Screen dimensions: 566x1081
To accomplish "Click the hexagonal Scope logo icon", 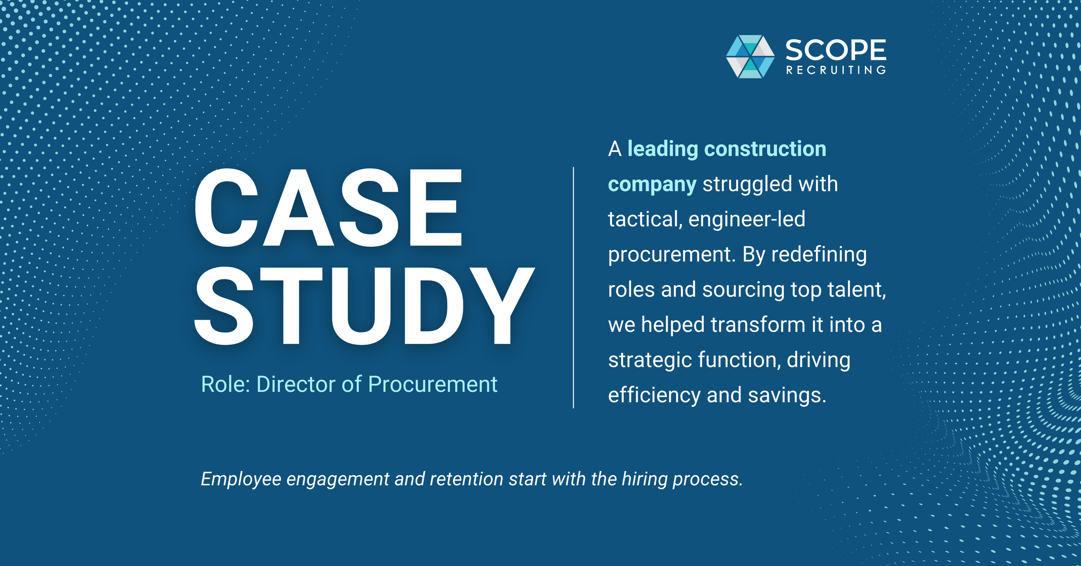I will pyautogui.click(x=750, y=57).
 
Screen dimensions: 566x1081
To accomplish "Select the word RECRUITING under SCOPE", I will pyautogui.click(x=835, y=70).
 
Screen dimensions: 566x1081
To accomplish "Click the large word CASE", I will pyautogui.click(x=328, y=207).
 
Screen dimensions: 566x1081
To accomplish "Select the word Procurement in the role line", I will pyautogui.click(x=432, y=384).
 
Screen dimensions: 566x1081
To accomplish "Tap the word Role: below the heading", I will pyautogui.click(x=226, y=384).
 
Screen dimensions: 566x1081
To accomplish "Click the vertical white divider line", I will pyautogui.click(x=573, y=288).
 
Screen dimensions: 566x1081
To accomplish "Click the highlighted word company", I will pyautogui.click(x=652, y=184).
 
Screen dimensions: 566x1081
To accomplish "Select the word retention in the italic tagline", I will pyautogui.click(x=466, y=479).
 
